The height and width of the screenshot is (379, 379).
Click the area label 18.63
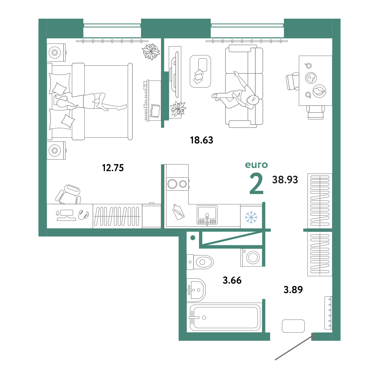pyautogui.click(x=201, y=140)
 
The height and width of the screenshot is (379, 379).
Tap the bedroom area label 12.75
pyautogui.click(x=113, y=168)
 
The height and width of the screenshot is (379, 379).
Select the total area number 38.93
pyautogui.click(x=285, y=179)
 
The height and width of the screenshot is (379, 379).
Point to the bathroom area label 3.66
pyautogui.click(x=232, y=280)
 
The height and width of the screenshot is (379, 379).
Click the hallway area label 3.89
pyautogui.click(x=293, y=289)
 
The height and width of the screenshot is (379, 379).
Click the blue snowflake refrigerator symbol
pyautogui.click(x=251, y=217)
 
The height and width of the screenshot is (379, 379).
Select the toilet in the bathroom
pyautogui.click(x=200, y=262)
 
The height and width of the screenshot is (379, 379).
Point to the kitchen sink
pyautogui.click(x=207, y=215)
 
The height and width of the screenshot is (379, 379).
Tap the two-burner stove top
pyautogui.click(x=177, y=184)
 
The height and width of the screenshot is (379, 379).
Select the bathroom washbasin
pyautogui.click(x=196, y=290)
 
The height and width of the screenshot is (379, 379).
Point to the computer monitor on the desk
pyautogui.click(x=67, y=213)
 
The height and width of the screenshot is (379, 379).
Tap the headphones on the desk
pyautogui.click(x=83, y=215)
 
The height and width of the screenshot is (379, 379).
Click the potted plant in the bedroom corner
pyautogui.click(x=151, y=52)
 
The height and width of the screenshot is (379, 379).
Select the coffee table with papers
pyautogui.click(x=200, y=71)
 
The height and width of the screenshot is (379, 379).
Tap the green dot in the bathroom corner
pyautogui.click(x=193, y=238)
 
